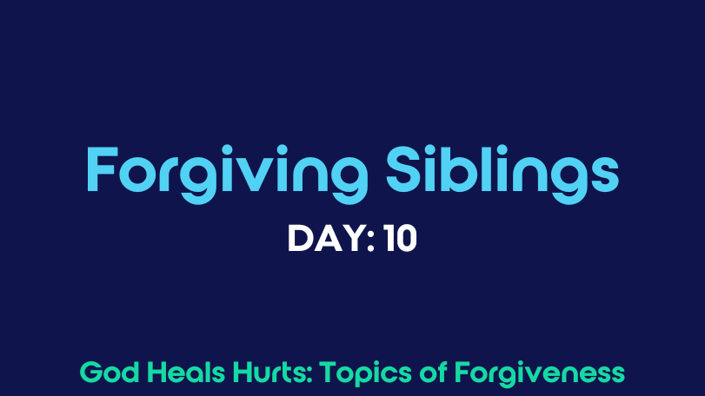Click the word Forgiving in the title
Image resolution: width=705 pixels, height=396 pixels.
pos(227,175)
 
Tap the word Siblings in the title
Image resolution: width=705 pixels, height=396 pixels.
pos(502,175)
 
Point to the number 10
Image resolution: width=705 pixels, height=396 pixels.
pos(400,239)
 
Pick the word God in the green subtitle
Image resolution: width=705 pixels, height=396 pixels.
pos(110,373)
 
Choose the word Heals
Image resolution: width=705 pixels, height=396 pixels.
pos(186,373)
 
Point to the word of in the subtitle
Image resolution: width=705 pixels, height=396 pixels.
pos(433,373)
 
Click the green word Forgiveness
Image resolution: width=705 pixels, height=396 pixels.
pos(540,373)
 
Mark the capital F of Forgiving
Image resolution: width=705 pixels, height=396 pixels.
pos(102,169)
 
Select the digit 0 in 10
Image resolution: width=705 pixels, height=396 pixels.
pos(406,239)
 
